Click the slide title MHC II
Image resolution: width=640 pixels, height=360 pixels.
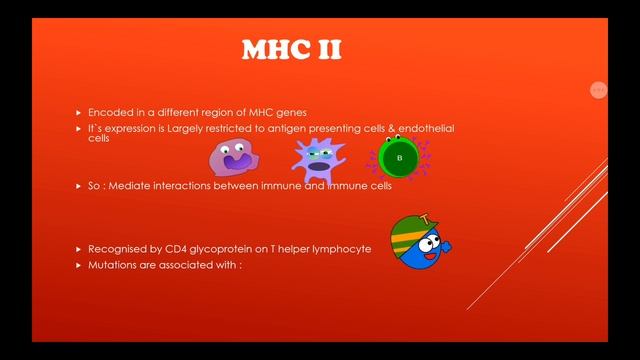click(x=291, y=50)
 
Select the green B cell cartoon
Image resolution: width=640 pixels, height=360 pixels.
click(x=400, y=158)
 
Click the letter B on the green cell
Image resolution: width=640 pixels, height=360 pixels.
click(x=400, y=158)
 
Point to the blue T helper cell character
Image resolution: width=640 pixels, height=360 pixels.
click(x=420, y=244)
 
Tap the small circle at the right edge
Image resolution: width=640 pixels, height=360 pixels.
click(x=598, y=90)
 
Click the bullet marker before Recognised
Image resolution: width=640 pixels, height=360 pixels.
click(x=79, y=248)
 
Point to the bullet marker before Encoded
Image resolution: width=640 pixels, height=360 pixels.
click(x=79, y=113)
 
